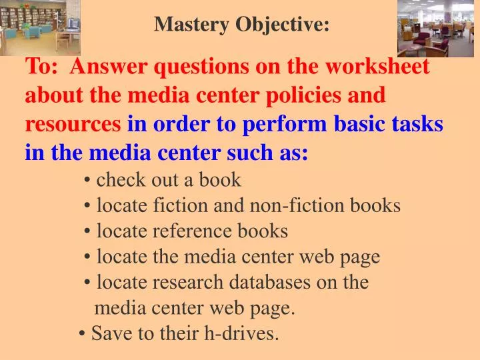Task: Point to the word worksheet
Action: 378,67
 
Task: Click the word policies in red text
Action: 302,95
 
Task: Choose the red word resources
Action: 73,124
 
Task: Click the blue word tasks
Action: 418,124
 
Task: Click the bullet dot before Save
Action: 81,333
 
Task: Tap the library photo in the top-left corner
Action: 40,27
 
